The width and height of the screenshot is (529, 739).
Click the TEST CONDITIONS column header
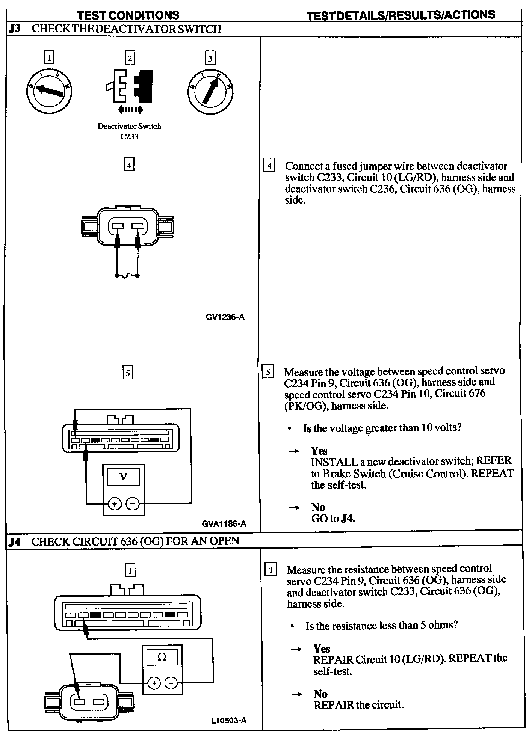pyautogui.click(x=128, y=15)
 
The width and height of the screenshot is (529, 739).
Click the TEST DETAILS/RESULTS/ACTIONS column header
pyautogui.click(x=401, y=15)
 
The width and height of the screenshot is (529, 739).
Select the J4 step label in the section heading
pyautogui.click(x=15, y=541)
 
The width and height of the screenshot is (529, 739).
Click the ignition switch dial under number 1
pyautogui.click(x=49, y=90)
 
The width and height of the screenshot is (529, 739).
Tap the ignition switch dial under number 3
pyautogui.click(x=210, y=90)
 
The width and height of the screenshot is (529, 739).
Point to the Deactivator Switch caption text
pyautogui.click(x=129, y=127)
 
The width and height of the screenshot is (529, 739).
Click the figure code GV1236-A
pyautogui.click(x=225, y=317)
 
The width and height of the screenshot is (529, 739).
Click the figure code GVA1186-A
pyautogui.click(x=224, y=524)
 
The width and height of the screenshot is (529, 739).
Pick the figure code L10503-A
pyautogui.click(x=228, y=720)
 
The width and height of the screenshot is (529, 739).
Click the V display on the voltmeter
pyautogui.click(x=123, y=477)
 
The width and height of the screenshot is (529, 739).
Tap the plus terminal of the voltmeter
pyautogui.click(x=114, y=503)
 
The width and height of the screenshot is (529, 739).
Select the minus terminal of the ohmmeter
pyautogui.click(x=171, y=683)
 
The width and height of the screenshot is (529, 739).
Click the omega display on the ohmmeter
pyautogui.click(x=162, y=657)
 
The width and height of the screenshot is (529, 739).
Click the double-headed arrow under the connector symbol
pyautogui.click(x=130, y=110)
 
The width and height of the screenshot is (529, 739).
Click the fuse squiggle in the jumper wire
pyautogui.click(x=127, y=276)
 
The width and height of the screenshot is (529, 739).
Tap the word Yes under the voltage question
pyautogui.click(x=319, y=451)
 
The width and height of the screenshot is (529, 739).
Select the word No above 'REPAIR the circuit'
pyautogui.click(x=320, y=694)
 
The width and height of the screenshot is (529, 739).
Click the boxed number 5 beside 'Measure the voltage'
pyautogui.click(x=268, y=372)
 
